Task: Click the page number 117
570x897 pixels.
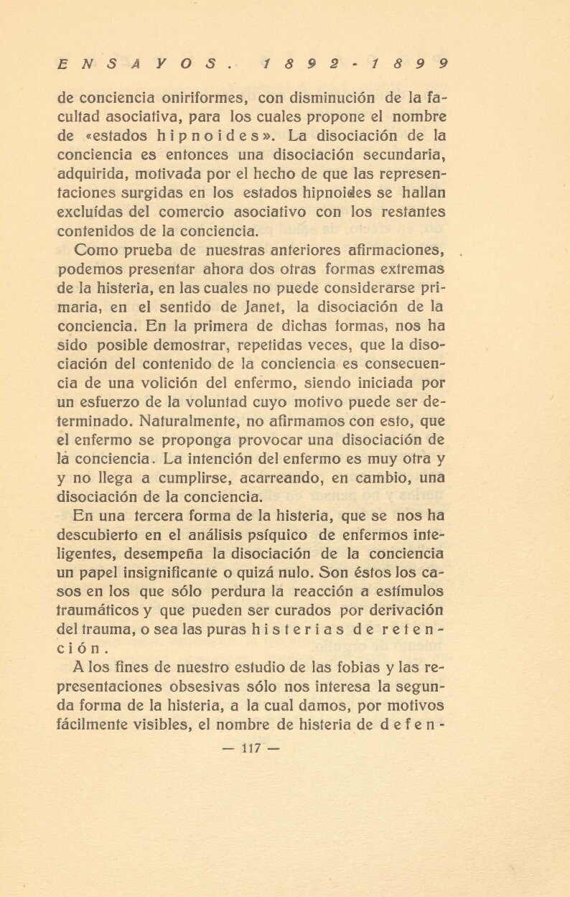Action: [251, 748]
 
